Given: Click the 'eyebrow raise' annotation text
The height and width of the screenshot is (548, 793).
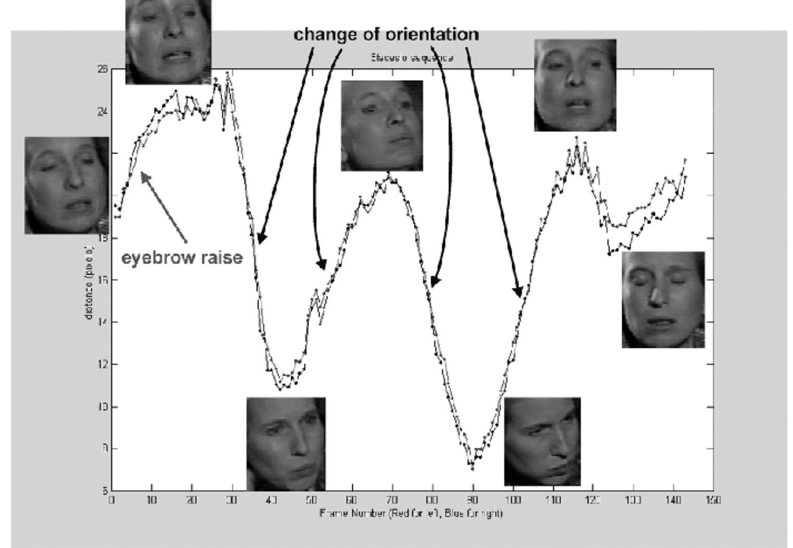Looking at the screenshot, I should coord(182,257).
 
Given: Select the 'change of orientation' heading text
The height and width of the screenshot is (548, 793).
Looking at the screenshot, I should coord(386,34).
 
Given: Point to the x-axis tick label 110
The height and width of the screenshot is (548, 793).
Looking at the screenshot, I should coord(553,500).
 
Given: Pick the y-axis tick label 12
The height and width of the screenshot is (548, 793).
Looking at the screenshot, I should coord(102,364).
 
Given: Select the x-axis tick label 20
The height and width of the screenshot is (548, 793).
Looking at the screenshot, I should coord(192,500).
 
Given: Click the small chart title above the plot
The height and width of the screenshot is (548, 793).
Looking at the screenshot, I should coord(412,58).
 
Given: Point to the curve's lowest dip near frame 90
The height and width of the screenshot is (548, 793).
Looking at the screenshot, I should coord(472,467).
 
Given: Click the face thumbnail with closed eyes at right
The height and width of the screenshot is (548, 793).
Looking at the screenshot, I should coord(663,300).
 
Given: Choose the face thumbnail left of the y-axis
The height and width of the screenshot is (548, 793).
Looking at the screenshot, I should coord(66,185).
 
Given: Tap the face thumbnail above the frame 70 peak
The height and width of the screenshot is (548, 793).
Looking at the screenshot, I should coord(381,126).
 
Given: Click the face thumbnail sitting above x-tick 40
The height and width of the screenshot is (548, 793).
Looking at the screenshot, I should coord(286,443).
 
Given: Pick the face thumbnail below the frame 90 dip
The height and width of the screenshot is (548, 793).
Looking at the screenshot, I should coord(542,441).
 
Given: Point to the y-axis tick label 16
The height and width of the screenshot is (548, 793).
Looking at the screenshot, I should coord(102,280).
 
